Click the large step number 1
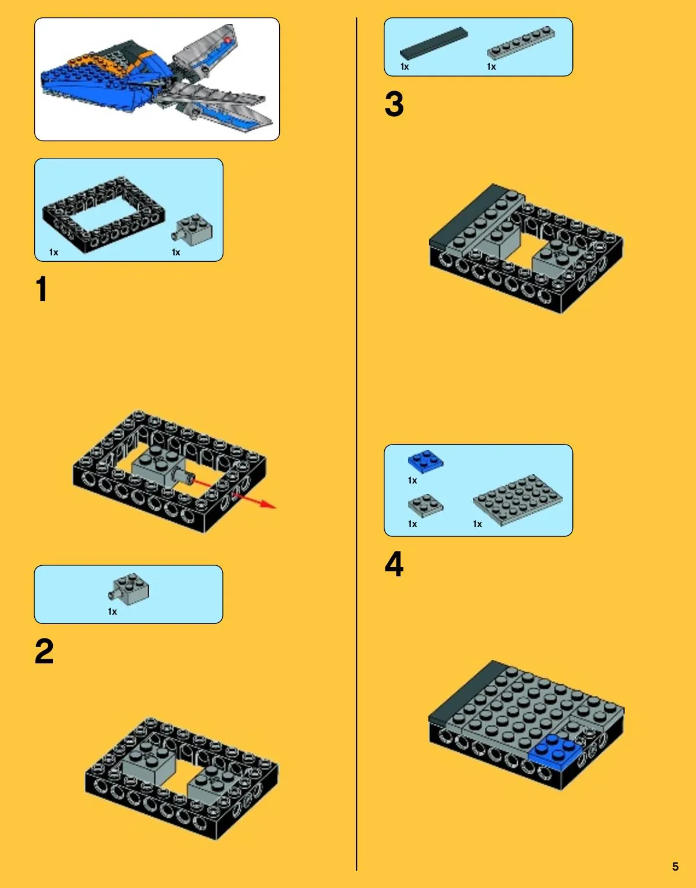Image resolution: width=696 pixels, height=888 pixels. coord(42,288)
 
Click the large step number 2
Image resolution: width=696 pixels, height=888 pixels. coord(44,651)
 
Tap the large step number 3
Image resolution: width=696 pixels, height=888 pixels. coord(394,104)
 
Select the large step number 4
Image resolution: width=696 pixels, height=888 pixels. coord(394,564)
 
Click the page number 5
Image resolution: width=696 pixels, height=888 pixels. coord(675,867)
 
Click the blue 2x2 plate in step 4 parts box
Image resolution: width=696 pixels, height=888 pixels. coord(425,461)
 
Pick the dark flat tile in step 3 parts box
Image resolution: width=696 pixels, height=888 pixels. coord(434,43)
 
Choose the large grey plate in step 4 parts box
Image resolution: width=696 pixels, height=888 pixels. coord(518,499)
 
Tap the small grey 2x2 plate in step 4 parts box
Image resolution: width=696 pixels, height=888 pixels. coord(425,506)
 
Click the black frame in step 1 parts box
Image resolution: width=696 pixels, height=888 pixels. coord(104,215)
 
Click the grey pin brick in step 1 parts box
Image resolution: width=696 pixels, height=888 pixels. coord(192,230)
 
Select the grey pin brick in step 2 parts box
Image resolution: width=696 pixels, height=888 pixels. coord(129,589)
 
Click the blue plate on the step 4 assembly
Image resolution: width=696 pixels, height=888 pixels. coord(555,754)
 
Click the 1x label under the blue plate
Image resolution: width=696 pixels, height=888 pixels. coord(412,481)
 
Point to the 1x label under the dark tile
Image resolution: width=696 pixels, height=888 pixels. coord(405,67)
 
